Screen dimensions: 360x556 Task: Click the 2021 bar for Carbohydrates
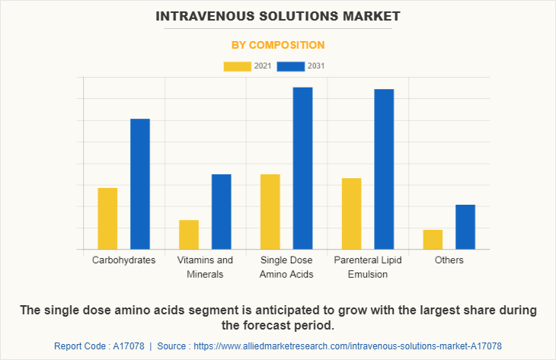click(x=107, y=218)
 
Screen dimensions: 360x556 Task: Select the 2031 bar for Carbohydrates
click(x=140, y=184)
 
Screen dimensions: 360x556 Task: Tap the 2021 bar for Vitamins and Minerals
click(x=189, y=234)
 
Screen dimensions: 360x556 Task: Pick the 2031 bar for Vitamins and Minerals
click(x=222, y=212)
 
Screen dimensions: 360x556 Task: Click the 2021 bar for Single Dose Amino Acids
click(x=270, y=212)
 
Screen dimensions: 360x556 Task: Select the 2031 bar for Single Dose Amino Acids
click(x=303, y=168)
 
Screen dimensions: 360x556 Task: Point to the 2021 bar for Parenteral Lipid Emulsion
click(x=352, y=214)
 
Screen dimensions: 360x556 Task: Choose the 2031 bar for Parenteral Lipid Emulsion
click(x=384, y=169)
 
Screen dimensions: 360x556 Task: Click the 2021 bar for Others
click(x=433, y=239)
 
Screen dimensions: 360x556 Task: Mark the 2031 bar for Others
click(x=465, y=227)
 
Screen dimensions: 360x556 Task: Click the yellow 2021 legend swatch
click(x=237, y=66)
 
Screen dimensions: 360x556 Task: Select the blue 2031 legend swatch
click(x=291, y=66)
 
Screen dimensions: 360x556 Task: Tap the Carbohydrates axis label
click(x=123, y=260)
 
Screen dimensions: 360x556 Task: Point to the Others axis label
click(x=449, y=260)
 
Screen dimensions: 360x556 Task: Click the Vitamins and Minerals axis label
click(x=205, y=267)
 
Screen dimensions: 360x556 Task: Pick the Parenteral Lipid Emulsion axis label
click(x=368, y=267)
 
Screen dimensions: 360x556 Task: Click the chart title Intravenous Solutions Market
click(x=278, y=15)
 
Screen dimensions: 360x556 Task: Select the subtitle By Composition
click(x=278, y=45)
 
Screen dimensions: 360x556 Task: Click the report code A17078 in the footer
click(x=124, y=346)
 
